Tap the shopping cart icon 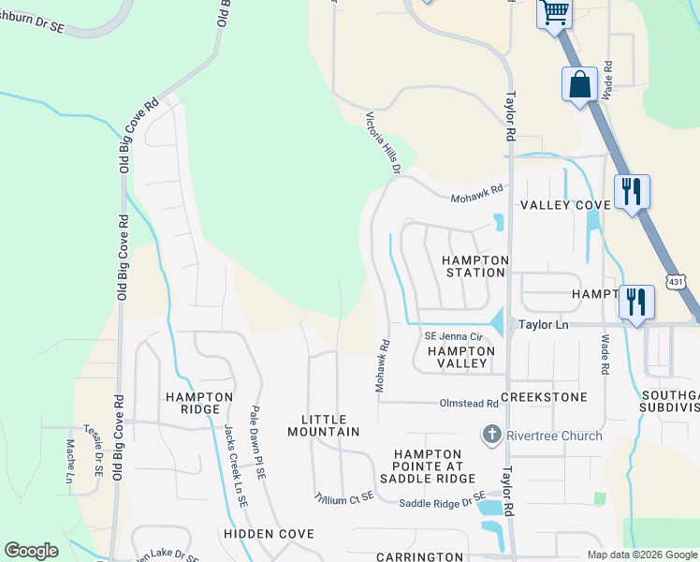[x=554, y=13]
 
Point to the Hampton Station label [x=474, y=266]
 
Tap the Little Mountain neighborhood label [x=330, y=425]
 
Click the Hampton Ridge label [x=198, y=403]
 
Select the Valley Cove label [x=565, y=205]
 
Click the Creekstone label [x=544, y=397]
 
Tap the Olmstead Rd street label [x=469, y=403]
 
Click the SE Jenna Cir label [x=452, y=336]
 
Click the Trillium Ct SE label [x=343, y=497]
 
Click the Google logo [x=31, y=550]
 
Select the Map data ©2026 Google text [x=641, y=555]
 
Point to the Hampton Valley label [x=459, y=356]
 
